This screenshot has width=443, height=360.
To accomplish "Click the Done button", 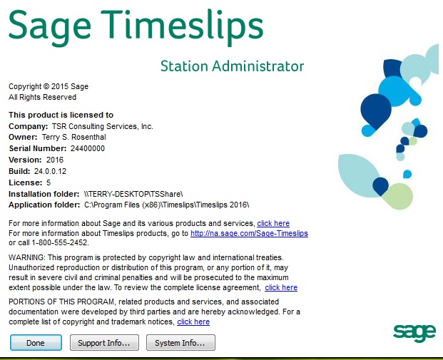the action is point(36,342).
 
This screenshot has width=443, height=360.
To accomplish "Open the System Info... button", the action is point(180,342).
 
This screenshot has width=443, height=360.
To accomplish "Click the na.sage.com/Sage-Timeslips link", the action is point(249,233).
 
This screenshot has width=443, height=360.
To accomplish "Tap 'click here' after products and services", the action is point(273,223).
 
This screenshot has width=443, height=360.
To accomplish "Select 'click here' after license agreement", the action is point(281,287).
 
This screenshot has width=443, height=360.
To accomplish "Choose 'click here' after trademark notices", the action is point(193,322).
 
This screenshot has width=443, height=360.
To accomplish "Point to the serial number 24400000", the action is point(88,148).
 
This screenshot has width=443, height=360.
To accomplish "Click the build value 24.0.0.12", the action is point(50,171).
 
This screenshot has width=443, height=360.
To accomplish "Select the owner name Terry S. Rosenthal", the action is point(74,137).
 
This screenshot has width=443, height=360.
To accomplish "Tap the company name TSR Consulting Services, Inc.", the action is point(103,126).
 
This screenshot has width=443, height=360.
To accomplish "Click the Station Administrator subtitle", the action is point(233,66).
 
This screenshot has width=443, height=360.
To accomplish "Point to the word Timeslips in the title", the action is point(182,26).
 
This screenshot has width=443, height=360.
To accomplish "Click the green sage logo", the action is point(414,333).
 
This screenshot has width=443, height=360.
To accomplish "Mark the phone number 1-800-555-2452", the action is point(60,242).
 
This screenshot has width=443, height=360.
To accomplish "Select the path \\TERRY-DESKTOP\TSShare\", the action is point(133,194).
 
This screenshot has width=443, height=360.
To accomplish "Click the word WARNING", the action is point(26,257).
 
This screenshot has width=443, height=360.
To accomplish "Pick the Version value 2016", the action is point(55,160).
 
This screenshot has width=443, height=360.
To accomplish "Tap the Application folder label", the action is point(44,205).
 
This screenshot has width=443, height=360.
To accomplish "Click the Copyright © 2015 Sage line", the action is point(49,86).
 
